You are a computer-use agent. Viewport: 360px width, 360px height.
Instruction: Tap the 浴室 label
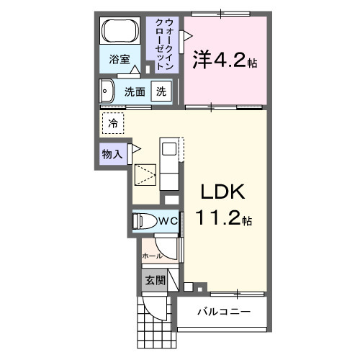[x=120, y=60]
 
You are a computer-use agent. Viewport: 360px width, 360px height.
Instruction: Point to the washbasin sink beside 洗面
[x=108, y=91]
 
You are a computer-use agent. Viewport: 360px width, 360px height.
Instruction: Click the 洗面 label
[x=135, y=92]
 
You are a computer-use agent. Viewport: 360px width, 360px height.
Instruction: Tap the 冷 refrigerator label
[x=113, y=124]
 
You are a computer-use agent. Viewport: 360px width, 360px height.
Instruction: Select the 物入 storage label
[x=112, y=153]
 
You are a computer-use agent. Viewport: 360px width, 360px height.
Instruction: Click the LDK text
[x=222, y=193]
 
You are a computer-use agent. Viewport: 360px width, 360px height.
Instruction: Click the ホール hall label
[x=151, y=256]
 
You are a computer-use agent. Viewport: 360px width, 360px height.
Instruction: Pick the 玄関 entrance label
[x=155, y=280]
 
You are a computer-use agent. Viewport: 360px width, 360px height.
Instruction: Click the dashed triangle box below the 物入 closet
[x=146, y=175]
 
